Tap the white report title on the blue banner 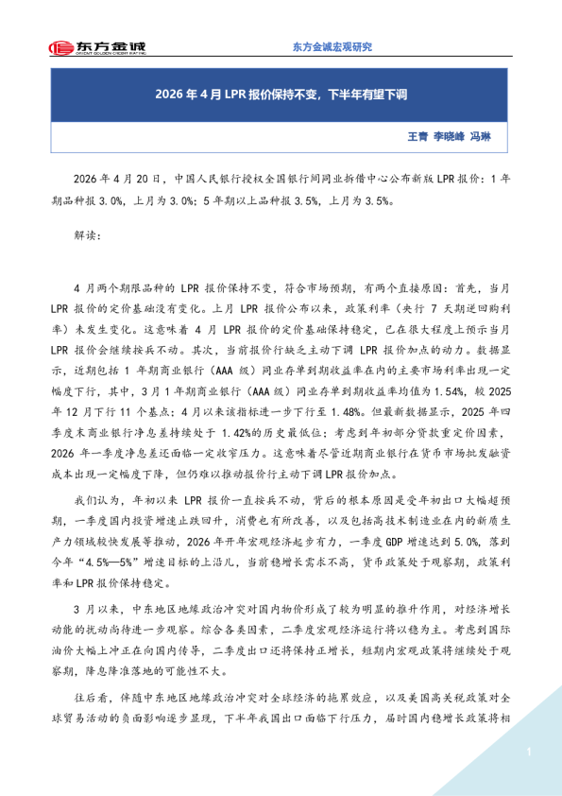[281, 95]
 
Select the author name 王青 [417, 136]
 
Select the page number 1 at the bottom [530, 752]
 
